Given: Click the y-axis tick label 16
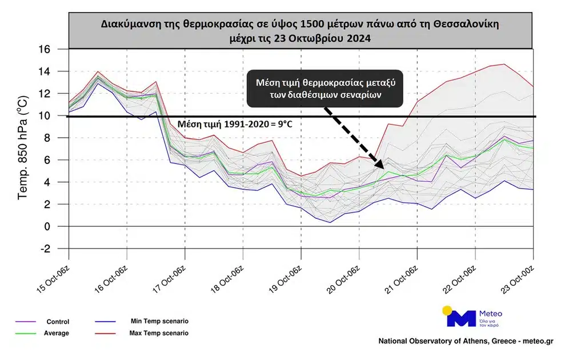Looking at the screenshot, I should [59, 50].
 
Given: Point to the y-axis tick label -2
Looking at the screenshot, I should [59, 249].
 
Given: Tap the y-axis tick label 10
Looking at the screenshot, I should [59, 116].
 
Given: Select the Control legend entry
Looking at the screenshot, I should [57, 322].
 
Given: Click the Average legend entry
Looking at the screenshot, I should [57, 333].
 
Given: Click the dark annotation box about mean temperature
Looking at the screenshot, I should [324, 89].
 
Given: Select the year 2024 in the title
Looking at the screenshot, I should [358, 38].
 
